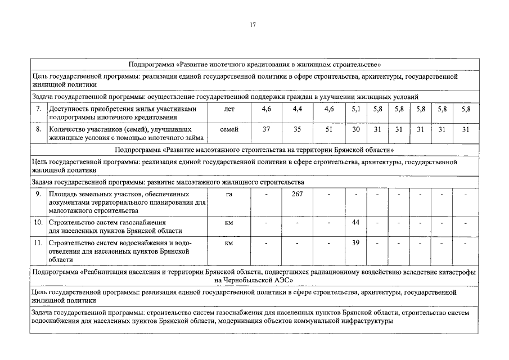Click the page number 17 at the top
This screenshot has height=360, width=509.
(253, 24)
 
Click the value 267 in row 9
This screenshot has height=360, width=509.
(298, 195)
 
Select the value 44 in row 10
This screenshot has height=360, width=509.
(355, 223)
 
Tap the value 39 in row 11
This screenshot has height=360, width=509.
(355, 244)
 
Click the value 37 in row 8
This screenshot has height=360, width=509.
(267, 129)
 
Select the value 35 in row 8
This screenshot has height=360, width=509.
(298, 129)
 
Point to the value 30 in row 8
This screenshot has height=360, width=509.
(355, 129)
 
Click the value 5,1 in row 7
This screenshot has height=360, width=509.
(355, 109)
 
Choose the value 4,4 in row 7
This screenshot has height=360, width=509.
(298, 109)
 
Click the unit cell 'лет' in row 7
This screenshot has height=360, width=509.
(229, 109)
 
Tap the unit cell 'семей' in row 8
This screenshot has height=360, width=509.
(229, 129)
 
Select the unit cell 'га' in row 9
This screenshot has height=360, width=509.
(229, 195)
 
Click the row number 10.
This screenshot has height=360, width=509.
(38, 223)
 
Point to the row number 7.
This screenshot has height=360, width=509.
(38, 109)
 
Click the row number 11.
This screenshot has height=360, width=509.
(38, 244)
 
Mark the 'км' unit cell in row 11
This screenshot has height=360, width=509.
(229, 244)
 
